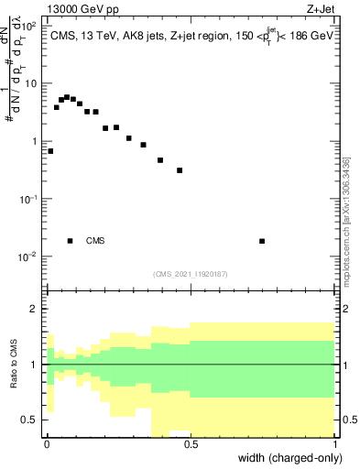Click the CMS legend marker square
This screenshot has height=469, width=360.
pos(70,241)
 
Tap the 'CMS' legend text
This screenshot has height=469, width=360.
pos(95,241)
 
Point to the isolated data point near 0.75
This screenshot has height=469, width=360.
pos(263,241)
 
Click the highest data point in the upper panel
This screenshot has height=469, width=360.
pos(66,96)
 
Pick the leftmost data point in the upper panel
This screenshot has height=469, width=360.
pos(50,151)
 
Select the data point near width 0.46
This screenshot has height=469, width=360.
pos(180,170)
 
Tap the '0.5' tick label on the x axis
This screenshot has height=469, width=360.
pos(191,443)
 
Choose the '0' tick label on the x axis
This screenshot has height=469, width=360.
pos(47,443)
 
